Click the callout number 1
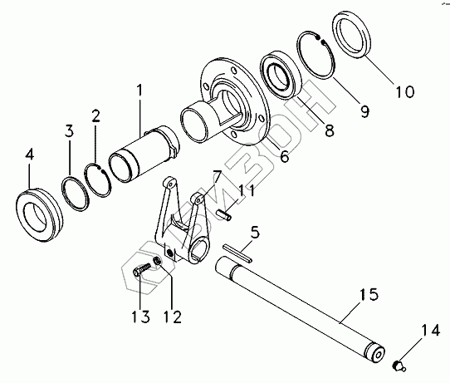coord(139,91)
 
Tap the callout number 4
coord(29,155)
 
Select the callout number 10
coord(405,91)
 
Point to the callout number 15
coord(369,294)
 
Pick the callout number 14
coord(430,330)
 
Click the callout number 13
coord(140,317)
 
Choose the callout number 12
coord(173,317)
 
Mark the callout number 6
coord(284,156)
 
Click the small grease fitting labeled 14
coord(399,366)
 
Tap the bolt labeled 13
coord(142,268)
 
